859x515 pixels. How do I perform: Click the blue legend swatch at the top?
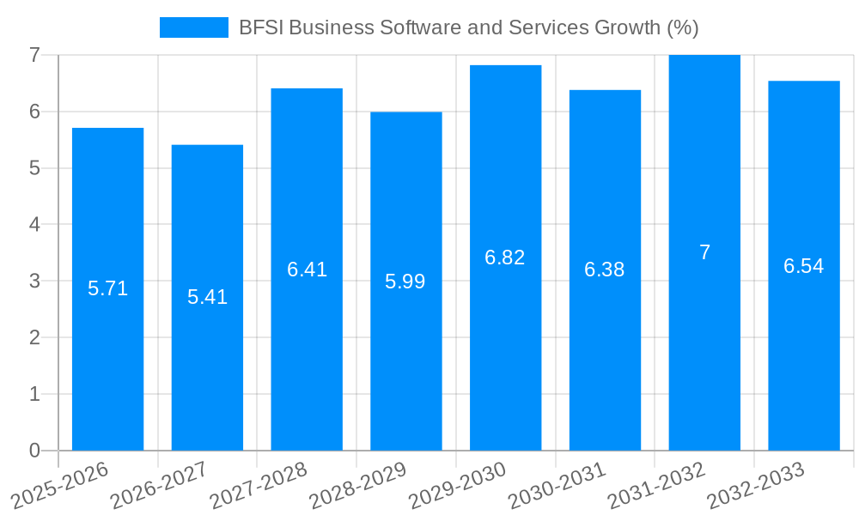click(193, 27)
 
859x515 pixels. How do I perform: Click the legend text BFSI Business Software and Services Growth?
click(468, 27)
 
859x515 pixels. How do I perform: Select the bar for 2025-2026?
click(107, 343)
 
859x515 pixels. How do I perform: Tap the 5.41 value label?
click(207, 297)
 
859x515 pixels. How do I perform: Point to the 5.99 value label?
click(405, 282)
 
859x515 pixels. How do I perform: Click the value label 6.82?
click(505, 257)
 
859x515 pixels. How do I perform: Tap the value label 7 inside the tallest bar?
click(704, 252)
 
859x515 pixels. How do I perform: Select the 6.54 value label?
click(803, 266)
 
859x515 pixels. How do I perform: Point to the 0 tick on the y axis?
click(34, 451)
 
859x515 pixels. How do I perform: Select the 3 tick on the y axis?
click(34, 281)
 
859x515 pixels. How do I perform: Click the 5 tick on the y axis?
click(34, 168)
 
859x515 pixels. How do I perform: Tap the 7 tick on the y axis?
click(34, 55)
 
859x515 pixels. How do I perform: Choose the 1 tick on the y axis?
click(34, 394)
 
